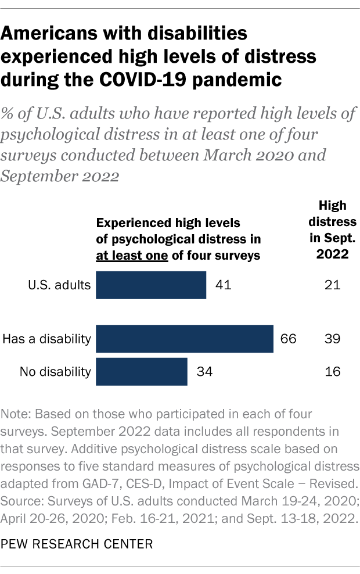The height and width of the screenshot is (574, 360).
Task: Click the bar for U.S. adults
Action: click(x=151, y=285)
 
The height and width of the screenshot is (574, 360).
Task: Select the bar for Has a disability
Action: click(x=184, y=339)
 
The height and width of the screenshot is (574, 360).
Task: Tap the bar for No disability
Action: click(x=141, y=371)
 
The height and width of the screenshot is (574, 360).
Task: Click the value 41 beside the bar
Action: click(x=222, y=285)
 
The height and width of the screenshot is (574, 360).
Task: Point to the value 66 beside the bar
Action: click(x=289, y=339)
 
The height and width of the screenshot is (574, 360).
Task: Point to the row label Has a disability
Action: click(x=47, y=339)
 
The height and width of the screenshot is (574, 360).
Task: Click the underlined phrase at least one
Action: click(x=132, y=255)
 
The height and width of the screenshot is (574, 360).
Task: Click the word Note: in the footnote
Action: click(x=17, y=415)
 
